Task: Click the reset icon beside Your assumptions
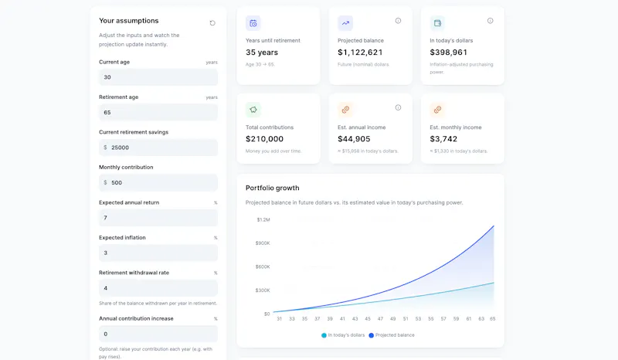[x=212, y=23]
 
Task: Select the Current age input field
[x=158, y=77]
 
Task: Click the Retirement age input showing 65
[x=158, y=112]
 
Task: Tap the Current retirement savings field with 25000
[x=158, y=148]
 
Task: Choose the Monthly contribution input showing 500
[x=158, y=182]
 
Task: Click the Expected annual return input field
[x=158, y=218]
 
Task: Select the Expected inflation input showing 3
[x=158, y=253]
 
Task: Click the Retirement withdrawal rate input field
[x=158, y=288]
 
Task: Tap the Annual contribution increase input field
[x=158, y=334]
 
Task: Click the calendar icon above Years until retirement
[x=253, y=23]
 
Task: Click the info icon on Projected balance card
[x=398, y=21]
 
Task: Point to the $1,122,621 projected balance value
[x=360, y=53]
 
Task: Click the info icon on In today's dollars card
[x=490, y=21]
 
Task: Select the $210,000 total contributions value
[x=264, y=139]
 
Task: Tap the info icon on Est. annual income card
[x=398, y=107]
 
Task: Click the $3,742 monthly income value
[x=443, y=139]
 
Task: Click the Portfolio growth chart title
[x=273, y=188]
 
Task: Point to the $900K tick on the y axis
[x=263, y=243]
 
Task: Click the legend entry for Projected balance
[x=392, y=335]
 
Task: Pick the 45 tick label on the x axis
[x=368, y=318]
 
